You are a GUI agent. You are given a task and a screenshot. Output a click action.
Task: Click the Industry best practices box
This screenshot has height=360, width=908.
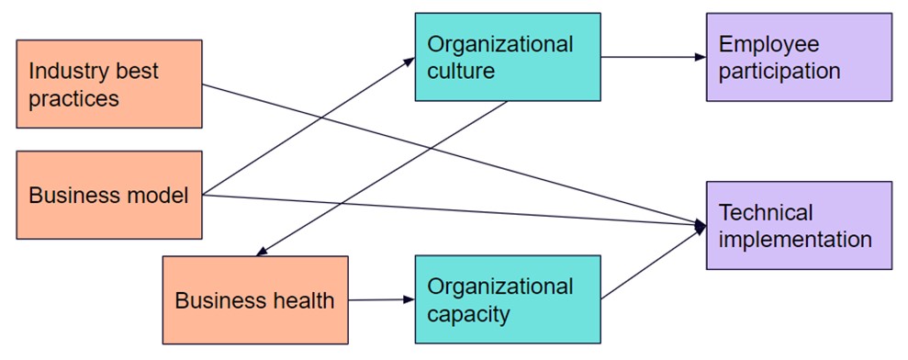pos(109,84)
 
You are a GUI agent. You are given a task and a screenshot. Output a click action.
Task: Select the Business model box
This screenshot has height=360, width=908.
pos(109,195)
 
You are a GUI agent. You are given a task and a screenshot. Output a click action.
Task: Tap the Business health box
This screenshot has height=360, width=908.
pos(255,299)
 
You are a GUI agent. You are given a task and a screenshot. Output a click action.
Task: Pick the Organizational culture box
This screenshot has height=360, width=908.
pos(508,57)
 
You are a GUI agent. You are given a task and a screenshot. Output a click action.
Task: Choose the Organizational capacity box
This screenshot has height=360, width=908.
pos(508,299)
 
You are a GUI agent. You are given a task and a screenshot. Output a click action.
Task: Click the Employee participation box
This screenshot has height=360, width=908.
pos(799,57)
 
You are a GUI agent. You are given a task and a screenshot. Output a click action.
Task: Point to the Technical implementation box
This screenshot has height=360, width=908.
pos(799,225)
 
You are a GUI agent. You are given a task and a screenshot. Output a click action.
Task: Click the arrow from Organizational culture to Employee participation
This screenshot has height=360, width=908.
pos(653,57)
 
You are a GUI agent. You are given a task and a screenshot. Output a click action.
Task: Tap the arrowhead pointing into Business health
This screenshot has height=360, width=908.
pos(262,252)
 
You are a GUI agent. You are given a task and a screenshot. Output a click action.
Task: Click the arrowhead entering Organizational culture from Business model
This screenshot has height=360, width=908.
pos(410,61)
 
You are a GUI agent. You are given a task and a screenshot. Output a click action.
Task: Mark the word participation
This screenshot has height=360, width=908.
pos(779,71)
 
